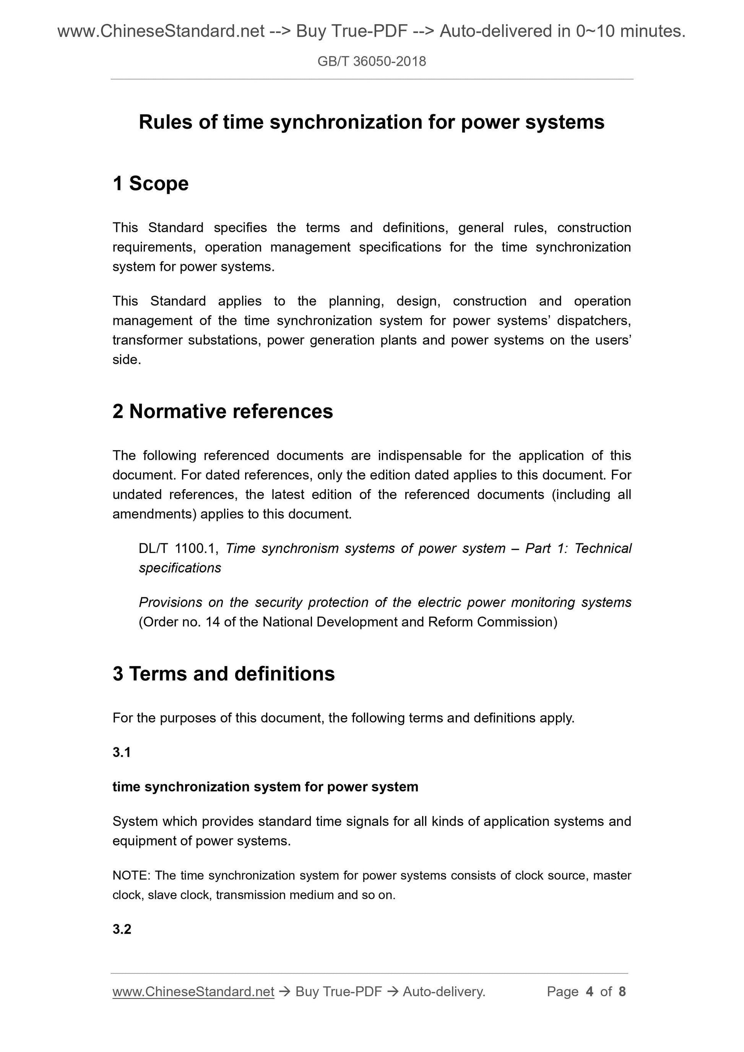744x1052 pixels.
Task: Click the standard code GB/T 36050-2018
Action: [x=371, y=62]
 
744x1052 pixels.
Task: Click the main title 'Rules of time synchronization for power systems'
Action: [x=371, y=122]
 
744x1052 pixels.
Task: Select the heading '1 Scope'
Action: [x=150, y=183]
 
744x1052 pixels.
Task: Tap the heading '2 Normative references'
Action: [x=223, y=411]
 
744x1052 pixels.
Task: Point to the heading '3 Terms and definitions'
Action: [x=223, y=674]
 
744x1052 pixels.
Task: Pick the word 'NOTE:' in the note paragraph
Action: [x=131, y=875]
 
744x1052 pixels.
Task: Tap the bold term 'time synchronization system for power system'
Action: [x=265, y=787]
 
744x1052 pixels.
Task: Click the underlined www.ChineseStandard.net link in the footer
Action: [x=193, y=992]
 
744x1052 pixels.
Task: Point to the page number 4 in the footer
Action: [x=590, y=992]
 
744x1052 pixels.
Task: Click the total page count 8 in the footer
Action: [x=622, y=992]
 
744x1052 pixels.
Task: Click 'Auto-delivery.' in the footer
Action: [x=444, y=992]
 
